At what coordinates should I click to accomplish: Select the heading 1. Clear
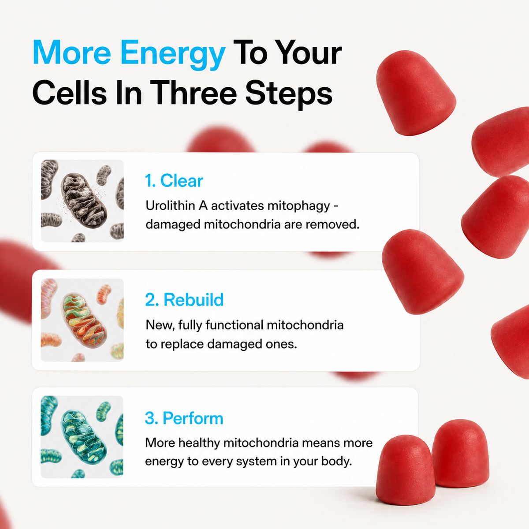[174, 181]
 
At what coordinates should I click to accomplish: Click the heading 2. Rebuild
[184, 299]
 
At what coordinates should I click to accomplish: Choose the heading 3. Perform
[184, 418]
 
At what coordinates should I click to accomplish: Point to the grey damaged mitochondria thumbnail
[82, 201]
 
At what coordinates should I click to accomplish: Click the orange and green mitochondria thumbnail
[82, 320]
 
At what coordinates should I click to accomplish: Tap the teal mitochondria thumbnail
[82, 437]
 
